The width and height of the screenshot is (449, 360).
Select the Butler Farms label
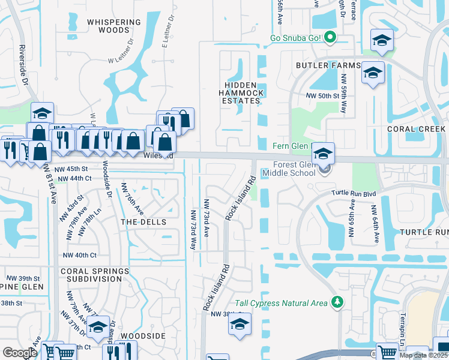point(327,65)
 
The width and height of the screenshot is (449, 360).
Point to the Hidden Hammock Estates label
point(239,93)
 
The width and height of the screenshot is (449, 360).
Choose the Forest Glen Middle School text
point(294,169)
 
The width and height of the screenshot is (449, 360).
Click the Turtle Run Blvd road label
point(354,193)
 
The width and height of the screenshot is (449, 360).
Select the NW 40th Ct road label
point(80,255)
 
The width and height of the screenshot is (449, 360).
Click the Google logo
point(20,353)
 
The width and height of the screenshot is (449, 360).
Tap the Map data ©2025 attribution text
point(423,355)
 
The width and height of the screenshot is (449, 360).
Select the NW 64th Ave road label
point(375,224)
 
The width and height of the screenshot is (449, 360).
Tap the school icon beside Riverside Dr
point(43,113)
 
